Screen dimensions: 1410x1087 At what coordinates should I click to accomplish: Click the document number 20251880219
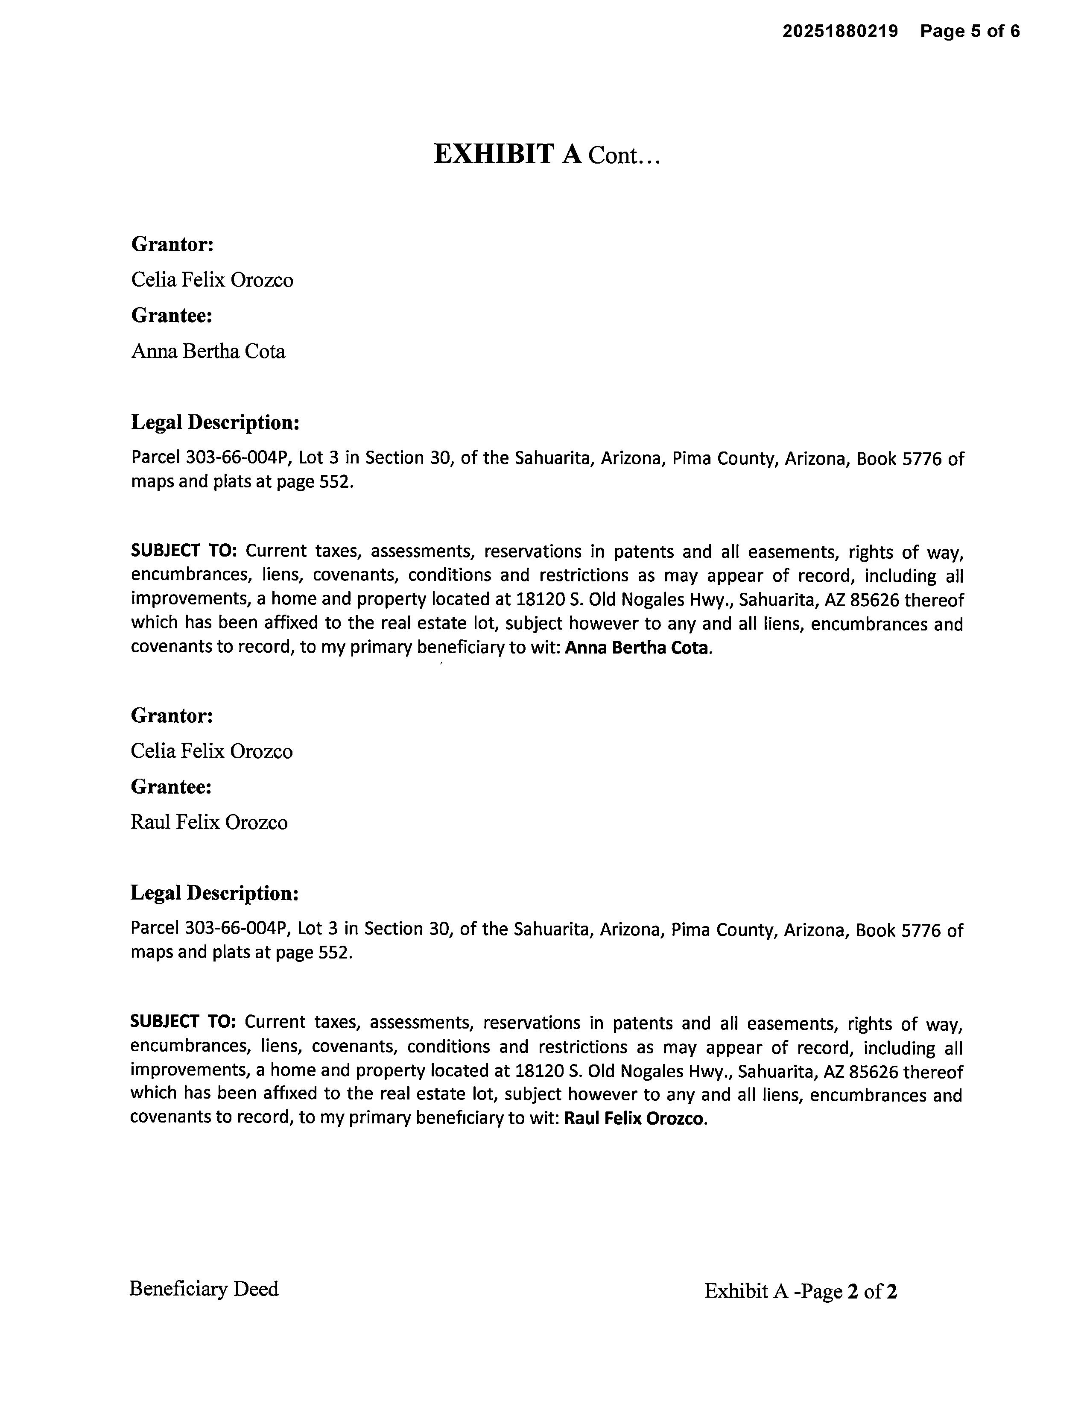[840, 31]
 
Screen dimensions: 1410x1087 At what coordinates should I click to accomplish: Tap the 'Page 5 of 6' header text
[970, 31]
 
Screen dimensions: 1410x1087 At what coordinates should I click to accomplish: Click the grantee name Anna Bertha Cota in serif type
[208, 351]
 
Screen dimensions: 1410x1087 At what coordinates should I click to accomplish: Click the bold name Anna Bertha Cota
[637, 648]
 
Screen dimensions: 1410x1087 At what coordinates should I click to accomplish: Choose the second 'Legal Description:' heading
[215, 893]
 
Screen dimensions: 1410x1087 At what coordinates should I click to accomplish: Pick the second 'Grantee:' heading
[171, 786]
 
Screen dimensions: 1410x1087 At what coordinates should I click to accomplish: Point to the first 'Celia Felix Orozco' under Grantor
[212, 279]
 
